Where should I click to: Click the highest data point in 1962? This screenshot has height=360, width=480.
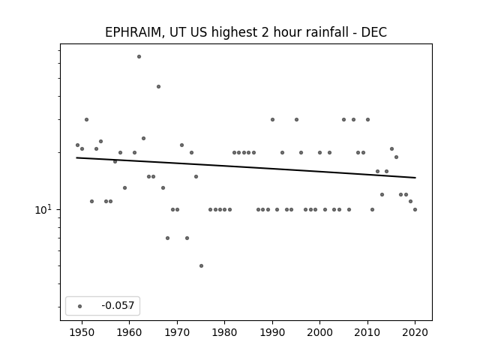139,57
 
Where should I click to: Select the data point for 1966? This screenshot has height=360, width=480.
158,87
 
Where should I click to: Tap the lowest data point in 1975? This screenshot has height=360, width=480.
201,265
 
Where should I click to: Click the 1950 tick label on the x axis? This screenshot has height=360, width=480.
82,332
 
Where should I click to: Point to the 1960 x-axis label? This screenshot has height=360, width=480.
130,332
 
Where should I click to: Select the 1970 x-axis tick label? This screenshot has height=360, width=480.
177,332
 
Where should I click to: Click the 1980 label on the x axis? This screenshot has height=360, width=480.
225,332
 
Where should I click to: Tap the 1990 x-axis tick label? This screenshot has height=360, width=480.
272,332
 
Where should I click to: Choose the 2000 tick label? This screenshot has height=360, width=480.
320,332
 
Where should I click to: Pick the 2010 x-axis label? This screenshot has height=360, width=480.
367,332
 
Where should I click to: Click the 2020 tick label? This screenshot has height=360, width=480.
415,332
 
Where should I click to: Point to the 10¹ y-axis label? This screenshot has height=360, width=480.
43,210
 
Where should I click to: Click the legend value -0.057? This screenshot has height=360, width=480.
118,305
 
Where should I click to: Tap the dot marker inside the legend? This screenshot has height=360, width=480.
80,306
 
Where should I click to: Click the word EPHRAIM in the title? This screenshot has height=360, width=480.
133,32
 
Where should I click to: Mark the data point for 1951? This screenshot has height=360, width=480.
87,120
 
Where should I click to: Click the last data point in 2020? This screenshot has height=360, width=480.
415,210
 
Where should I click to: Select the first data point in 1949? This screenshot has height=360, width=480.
77,145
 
